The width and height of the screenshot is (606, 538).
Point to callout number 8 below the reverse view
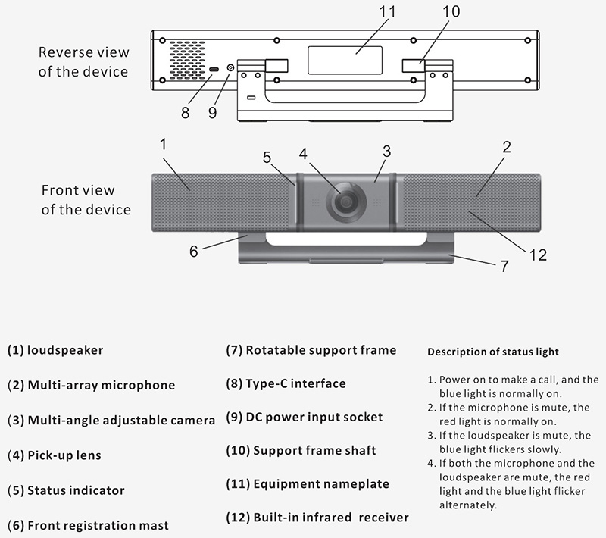coord(185,113)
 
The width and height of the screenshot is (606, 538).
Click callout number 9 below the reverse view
coord(212,113)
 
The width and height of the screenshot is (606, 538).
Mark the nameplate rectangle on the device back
coord(345,60)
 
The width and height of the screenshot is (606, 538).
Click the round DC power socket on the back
coord(230,69)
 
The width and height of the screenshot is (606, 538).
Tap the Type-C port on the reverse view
coord(214,70)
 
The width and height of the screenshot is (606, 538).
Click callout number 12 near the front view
coord(538,255)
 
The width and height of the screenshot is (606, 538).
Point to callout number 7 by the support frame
coord(504,266)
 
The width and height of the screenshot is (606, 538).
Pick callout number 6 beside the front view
coord(194,251)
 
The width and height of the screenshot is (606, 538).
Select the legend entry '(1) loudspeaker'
coord(55,350)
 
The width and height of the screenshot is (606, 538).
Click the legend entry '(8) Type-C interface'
coord(286,383)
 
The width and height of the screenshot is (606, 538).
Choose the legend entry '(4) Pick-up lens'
coord(54,455)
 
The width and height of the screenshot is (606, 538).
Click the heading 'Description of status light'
coord(493,352)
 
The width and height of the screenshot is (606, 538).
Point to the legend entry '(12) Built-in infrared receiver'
coord(317,518)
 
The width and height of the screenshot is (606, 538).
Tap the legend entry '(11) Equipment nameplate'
coord(308,483)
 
